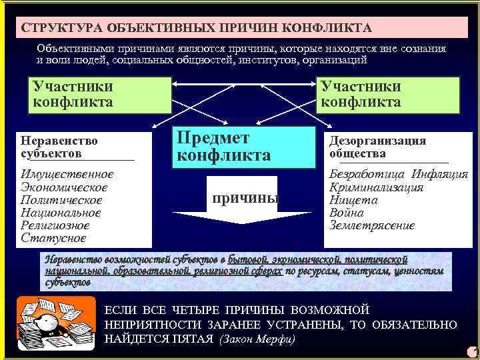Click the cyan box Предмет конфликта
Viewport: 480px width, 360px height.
(243, 147)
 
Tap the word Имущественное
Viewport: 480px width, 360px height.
(67, 174)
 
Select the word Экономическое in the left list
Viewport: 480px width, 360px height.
(64, 187)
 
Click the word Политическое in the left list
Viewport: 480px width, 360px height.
(62, 200)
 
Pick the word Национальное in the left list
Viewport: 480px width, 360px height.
(61, 213)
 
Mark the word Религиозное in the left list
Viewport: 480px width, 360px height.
(57, 225)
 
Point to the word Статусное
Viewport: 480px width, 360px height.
(53, 238)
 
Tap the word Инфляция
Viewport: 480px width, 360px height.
(440, 175)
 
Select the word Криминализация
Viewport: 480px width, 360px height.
(377, 187)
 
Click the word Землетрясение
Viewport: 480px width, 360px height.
(372, 225)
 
